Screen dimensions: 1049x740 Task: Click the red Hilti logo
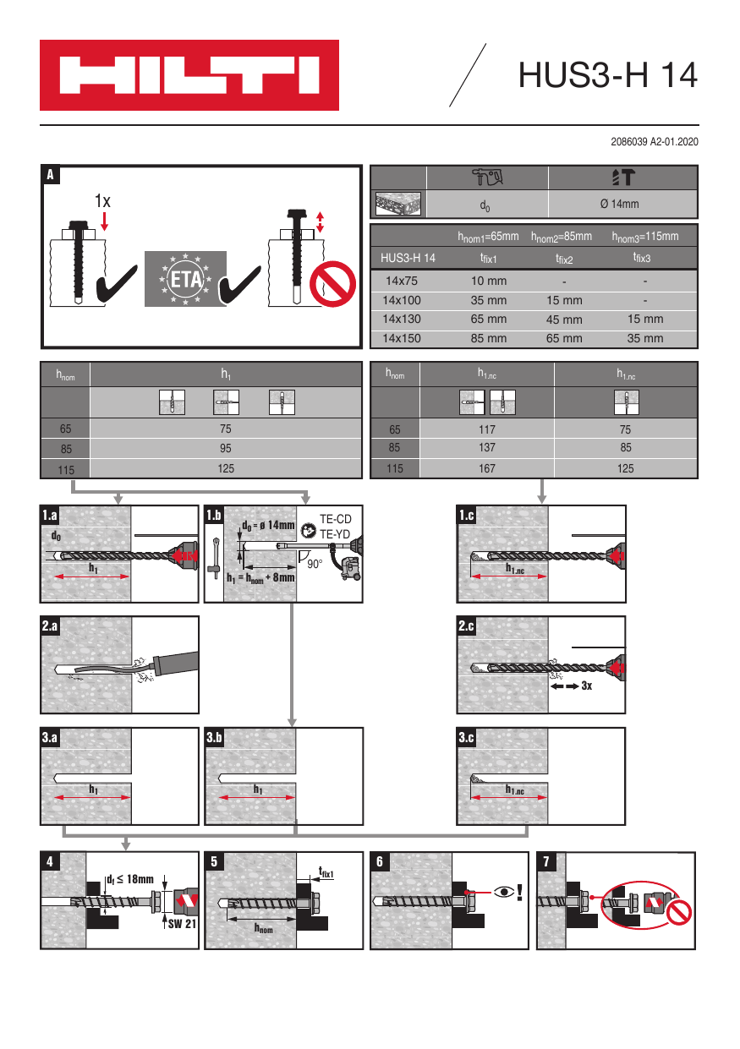tap(189, 75)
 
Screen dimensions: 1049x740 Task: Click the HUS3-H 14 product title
tap(607, 75)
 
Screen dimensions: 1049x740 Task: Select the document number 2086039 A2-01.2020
tap(654, 142)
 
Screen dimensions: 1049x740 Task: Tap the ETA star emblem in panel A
tap(184, 278)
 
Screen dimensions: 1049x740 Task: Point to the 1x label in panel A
tap(103, 201)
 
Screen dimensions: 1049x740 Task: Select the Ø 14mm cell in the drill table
tap(623, 205)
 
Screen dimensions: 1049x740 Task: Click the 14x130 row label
tap(403, 320)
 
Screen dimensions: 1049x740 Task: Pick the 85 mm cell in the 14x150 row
tap(489, 338)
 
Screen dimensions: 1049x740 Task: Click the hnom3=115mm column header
tap(644, 237)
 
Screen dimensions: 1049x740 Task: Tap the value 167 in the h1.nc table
tap(487, 469)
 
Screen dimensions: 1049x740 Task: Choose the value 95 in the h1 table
tap(226, 449)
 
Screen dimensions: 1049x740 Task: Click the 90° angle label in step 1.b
tap(315, 564)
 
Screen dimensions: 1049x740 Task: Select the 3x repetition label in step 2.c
tap(586, 686)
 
